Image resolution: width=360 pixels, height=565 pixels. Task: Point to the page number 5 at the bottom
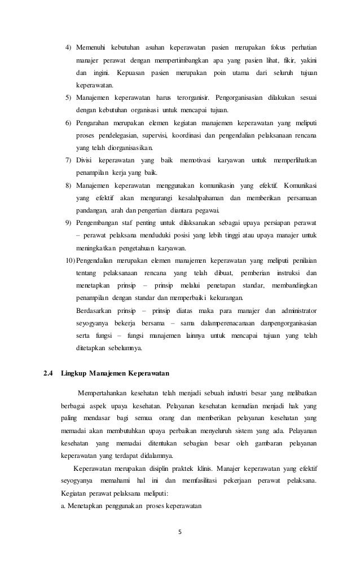click(x=180, y=530)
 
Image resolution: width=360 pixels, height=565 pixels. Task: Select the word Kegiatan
click(x=74, y=495)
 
